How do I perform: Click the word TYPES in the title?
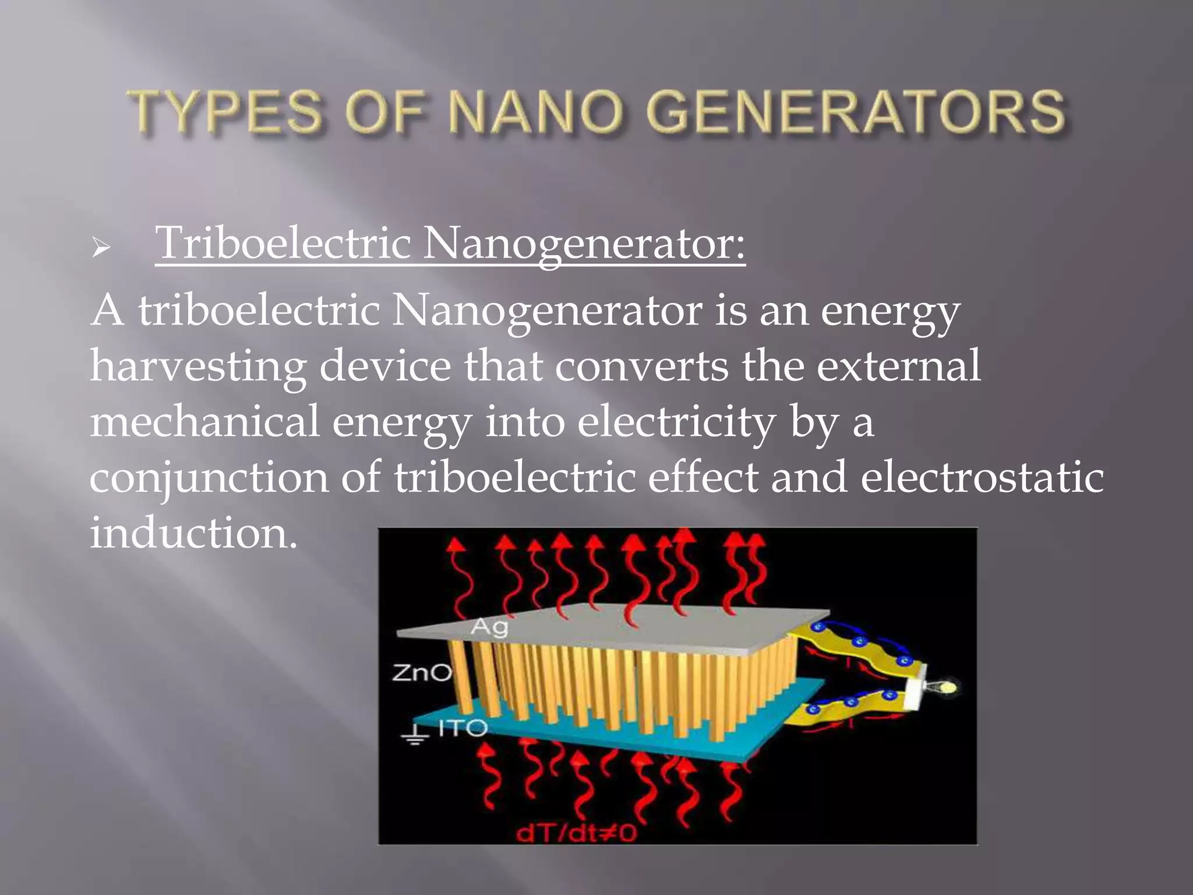pos(225,112)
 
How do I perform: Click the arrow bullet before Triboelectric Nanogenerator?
pos(101,249)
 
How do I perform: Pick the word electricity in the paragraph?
pos(676,423)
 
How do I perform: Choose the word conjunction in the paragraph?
pos(209,478)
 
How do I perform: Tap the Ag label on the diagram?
pos(489,627)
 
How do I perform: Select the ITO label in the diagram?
pos(462,728)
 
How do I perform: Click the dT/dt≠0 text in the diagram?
pos(576,834)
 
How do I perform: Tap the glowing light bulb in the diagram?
pos(947,688)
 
